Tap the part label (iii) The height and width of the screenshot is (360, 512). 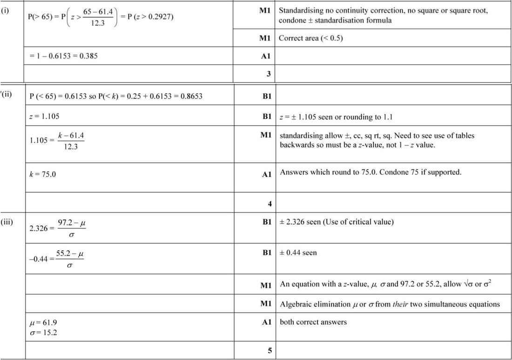(x=7, y=222)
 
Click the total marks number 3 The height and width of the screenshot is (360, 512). (x=269, y=73)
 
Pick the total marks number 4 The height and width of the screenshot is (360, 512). (x=269, y=204)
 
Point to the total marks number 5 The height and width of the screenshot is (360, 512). (x=269, y=351)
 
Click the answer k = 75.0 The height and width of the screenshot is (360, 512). (x=42, y=174)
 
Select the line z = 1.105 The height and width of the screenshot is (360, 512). (x=44, y=116)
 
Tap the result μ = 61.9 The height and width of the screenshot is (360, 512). (x=43, y=322)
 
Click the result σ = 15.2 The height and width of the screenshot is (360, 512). (x=43, y=332)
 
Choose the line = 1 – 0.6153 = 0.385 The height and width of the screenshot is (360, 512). (x=63, y=56)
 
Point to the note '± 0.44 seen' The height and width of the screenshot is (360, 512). (x=298, y=253)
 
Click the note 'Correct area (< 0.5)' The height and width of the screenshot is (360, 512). (x=310, y=38)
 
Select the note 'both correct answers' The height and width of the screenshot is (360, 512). (x=313, y=322)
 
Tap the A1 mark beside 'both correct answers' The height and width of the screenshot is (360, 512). (x=266, y=322)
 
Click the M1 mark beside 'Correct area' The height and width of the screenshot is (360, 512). (x=265, y=38)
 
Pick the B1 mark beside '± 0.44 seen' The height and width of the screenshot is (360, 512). (x=266, y=253)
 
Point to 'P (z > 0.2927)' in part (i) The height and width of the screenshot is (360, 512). (x=147, y=16)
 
